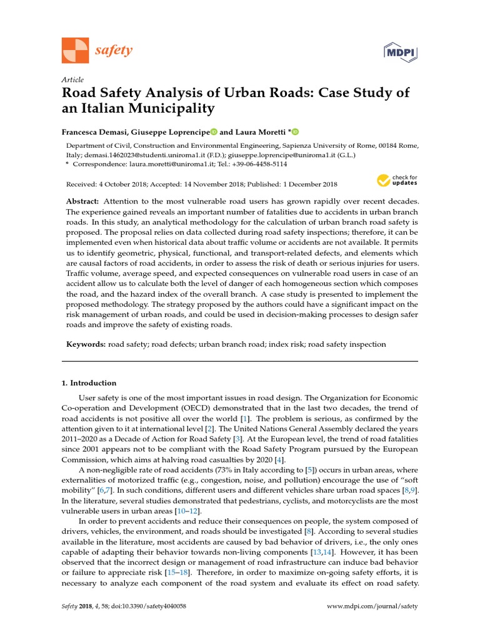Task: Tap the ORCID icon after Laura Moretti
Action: pos(296,132)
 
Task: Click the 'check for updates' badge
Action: pos(397,181)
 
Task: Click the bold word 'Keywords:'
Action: pos(86,344)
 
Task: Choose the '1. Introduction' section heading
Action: pos(89,383)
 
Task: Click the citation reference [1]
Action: pos(246,418)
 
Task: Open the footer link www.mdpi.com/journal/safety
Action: pos(372,607)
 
